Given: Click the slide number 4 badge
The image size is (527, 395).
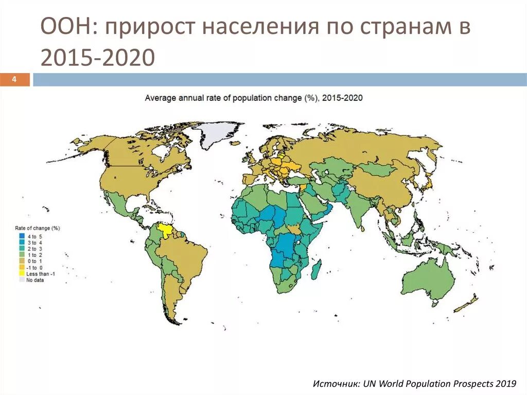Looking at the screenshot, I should [14, 79].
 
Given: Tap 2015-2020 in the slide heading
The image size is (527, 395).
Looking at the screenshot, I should [97, 58].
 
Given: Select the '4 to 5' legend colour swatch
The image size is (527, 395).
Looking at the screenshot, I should [22, 236].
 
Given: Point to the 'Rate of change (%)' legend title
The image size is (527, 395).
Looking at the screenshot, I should [37, 228].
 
